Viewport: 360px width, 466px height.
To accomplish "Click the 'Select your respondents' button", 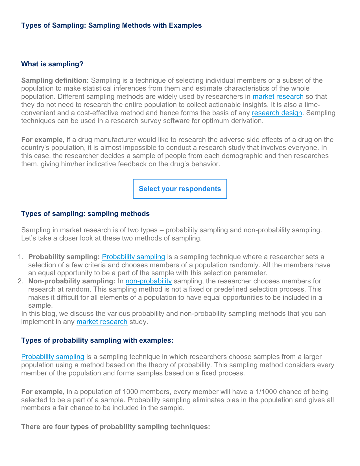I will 180,189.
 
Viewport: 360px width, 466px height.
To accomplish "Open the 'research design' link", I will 277,113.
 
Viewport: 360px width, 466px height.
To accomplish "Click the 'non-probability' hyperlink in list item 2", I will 149,281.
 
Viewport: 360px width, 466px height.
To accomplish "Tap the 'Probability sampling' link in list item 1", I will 133,257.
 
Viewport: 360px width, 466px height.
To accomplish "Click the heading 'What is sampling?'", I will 52,64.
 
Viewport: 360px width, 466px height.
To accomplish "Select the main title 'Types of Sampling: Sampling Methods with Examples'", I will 111,25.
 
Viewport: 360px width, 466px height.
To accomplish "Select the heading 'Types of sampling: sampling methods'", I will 85,214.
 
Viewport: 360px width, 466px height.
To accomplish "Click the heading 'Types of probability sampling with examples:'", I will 97,340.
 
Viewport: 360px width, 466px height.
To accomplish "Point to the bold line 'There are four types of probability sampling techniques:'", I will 115,427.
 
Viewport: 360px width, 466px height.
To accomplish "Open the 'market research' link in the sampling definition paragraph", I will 278,97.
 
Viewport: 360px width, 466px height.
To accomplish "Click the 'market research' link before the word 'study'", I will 102,322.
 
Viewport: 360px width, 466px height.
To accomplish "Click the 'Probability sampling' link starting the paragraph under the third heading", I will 53,357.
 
